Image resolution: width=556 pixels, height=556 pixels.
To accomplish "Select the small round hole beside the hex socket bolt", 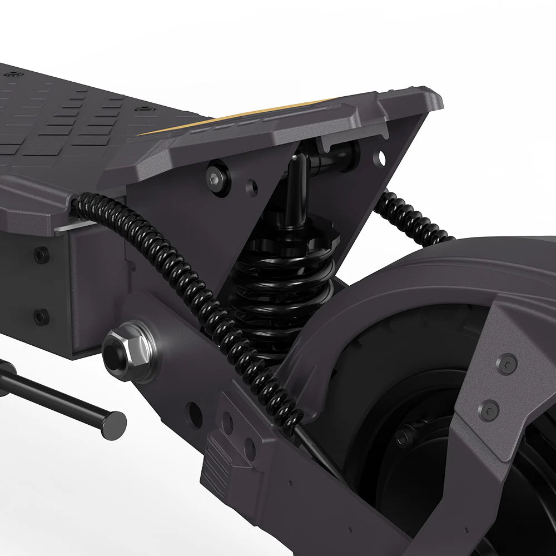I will (252, 188).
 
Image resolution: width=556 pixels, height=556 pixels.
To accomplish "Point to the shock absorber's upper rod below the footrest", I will (295, 189).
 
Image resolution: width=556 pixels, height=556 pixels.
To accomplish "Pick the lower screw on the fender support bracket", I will (489, 410).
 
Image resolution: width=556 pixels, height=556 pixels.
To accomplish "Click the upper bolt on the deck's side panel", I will (41, 255).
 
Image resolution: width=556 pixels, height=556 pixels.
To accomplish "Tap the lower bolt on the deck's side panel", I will (41, 316).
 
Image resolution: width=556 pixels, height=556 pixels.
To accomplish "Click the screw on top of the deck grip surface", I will (144, 108).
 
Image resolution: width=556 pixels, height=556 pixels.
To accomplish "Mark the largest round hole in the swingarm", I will (194, 415).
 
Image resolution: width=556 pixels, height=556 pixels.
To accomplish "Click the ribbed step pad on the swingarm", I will (220, 464).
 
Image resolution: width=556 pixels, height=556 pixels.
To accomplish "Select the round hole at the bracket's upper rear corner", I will (380, 158).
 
